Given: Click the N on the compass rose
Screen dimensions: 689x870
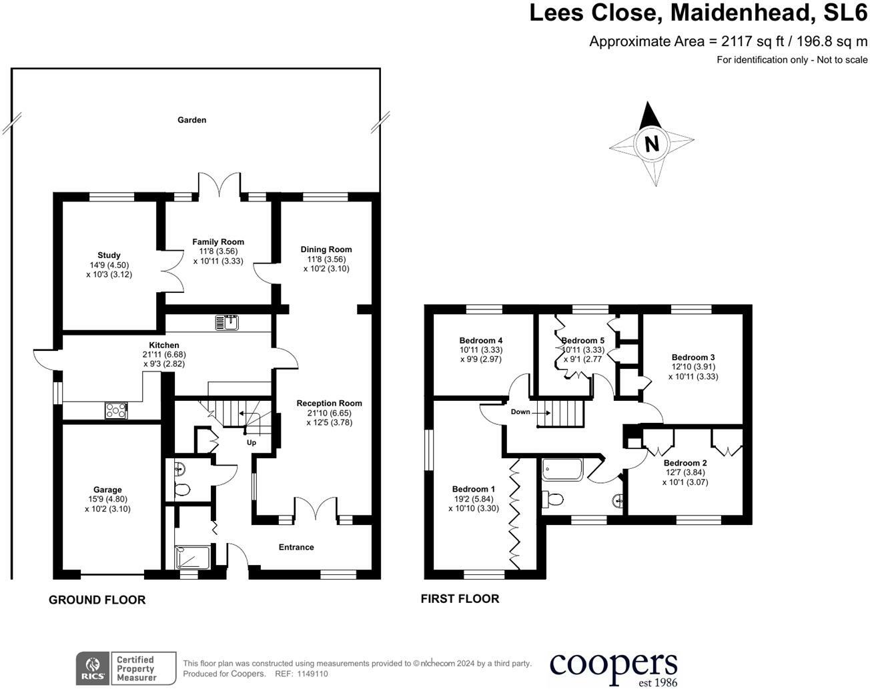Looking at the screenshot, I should coord(651,143).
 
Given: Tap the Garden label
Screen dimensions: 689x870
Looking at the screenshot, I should coord(191,120).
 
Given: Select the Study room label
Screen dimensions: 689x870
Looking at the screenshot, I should coord(109,255).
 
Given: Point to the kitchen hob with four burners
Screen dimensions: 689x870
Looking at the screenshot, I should coord(116,411).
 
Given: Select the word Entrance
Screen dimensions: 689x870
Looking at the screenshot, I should coord(296,547).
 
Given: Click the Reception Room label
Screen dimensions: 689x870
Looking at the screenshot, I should coord(329,403).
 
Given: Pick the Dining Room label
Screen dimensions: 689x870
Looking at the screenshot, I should coord(326,249).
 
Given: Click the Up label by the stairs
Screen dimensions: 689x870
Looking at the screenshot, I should coord(252,442).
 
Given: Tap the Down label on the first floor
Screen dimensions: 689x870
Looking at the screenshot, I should coord(520,412).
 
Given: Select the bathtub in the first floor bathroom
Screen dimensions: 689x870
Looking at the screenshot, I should coord(562,470).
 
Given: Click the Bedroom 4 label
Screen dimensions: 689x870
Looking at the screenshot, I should coord(480,340).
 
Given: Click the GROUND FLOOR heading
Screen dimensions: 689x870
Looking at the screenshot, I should coord(97,600).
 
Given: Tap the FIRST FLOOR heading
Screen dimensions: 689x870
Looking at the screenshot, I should coord(460,598).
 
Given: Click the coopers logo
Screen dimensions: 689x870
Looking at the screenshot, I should coord(613,666).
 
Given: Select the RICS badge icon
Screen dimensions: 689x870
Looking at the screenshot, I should coord(91,668).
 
